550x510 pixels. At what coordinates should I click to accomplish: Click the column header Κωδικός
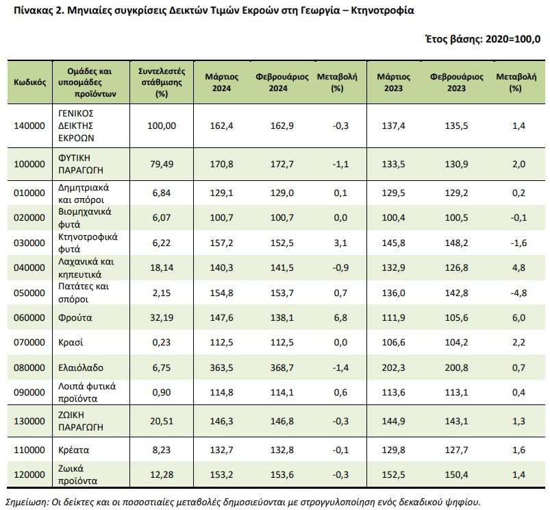tap(30, 82)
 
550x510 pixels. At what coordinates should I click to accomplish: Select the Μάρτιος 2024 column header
tap(222, 82)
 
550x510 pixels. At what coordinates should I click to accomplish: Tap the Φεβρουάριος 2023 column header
tap(456, 82)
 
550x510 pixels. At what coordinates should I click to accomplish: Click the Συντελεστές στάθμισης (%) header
tap(162, 82)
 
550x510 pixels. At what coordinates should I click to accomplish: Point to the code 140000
tap(29, 125)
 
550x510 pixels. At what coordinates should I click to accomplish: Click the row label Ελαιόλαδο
tap(81, 367)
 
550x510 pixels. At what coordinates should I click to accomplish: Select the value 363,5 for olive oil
tap(221, 367)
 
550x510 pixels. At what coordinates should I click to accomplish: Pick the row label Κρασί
tap(71, 342)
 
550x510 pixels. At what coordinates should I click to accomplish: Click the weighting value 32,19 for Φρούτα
tap(162, 317)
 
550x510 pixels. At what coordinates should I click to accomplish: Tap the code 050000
tap(29, 293)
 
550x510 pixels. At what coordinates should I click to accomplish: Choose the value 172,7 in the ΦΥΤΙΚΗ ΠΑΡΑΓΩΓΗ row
tap(282, 164)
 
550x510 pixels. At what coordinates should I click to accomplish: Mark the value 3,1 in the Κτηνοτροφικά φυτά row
tap(340, 243)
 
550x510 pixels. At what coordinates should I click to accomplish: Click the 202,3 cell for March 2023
tap(393, 367)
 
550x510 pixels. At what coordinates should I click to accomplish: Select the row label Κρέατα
tap(74, 450)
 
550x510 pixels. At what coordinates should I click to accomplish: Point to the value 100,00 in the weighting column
tap(162, 125)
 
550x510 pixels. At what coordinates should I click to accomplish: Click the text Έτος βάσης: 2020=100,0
tap(483, 38)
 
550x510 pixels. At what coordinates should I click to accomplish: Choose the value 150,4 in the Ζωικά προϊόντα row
tap(456, 474)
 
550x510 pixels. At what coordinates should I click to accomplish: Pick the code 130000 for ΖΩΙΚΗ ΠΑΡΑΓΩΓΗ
tap(29, 421)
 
